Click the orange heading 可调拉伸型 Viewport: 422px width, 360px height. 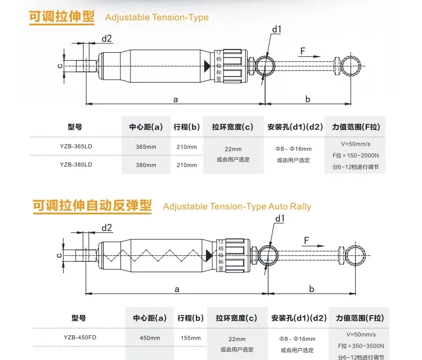point(62,16)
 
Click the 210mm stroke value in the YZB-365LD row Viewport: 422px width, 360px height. point(187,147)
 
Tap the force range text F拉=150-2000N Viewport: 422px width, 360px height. point(356,155)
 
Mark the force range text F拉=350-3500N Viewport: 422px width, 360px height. point(358,346)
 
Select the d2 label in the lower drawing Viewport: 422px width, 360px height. point(106,227)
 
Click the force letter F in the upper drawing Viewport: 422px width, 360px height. point(303,51)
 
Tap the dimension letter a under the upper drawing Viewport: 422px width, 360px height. point(176,99)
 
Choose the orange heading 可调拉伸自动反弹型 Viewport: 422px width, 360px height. point(92,205)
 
